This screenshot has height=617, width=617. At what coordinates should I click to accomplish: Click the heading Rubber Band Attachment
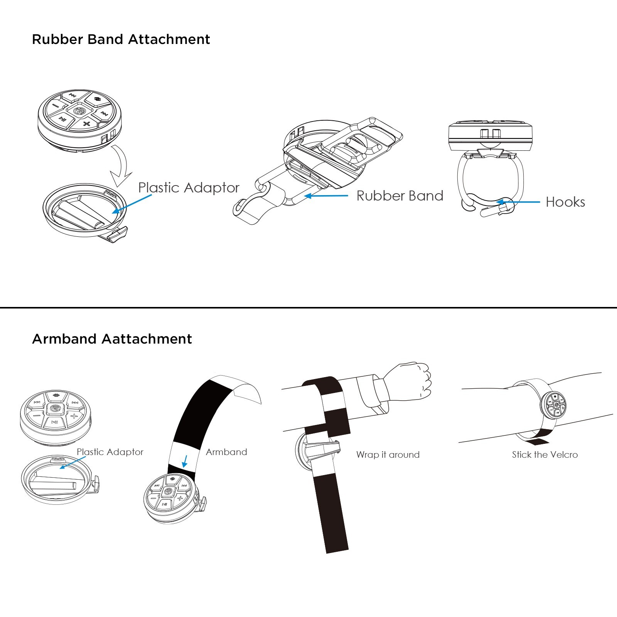[121, 39]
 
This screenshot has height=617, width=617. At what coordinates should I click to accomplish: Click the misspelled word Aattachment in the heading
[147, 339]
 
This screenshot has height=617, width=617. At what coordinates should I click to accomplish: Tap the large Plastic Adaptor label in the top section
[189, 187]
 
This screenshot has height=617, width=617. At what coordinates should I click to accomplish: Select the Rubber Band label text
[400, 196]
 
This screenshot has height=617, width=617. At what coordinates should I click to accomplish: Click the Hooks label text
[565, 202]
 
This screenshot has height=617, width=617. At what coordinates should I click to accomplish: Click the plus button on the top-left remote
[86, 124]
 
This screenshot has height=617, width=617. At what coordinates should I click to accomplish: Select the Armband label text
[226, 452]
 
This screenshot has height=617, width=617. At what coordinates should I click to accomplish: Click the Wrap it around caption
[388, 455]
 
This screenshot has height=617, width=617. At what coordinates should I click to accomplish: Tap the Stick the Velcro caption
[545, 455]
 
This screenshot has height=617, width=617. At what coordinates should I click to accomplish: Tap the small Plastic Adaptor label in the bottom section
[110, 452]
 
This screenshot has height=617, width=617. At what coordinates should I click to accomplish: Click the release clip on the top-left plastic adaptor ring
[117, 235]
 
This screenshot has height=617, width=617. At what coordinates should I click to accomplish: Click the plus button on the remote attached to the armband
[180, 499]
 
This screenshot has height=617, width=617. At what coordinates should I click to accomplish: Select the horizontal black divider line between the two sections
[308, 307]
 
